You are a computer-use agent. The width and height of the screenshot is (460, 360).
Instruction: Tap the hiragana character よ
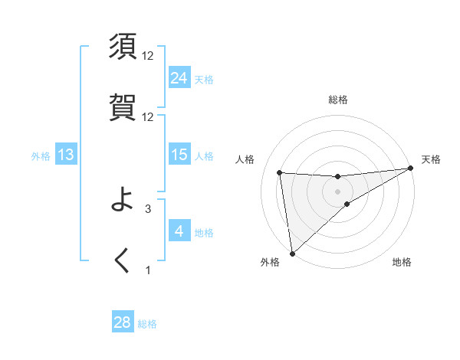point(124,201)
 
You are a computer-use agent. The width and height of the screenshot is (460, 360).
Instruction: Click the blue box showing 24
point(179,78)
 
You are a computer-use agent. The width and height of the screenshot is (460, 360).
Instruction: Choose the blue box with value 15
point(179,155)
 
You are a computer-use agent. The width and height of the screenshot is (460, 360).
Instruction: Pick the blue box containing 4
point(179,231)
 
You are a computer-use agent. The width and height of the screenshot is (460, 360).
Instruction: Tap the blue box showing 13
point(66,155)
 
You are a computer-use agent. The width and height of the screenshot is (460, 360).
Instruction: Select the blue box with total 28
point(123,322)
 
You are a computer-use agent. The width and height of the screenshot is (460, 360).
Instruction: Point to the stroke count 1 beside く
point(148,270)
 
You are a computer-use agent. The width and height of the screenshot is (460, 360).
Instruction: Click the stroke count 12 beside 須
point(148,56)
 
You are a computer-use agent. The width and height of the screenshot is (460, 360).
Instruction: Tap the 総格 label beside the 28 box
point(147,324)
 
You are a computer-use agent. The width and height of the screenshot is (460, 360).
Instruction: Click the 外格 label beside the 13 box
point(41,156)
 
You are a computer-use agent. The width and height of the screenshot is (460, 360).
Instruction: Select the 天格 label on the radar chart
point(431,159)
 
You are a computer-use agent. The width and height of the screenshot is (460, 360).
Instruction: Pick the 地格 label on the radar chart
point(402,263)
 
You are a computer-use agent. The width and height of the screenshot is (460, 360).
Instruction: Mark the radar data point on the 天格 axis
point(409,169)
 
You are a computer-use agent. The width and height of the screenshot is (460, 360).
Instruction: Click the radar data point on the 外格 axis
point(292,254)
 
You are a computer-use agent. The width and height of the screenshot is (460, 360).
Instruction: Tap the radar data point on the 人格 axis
point(280,172)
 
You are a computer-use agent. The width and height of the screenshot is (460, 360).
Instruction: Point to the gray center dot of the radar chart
point(337,191)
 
